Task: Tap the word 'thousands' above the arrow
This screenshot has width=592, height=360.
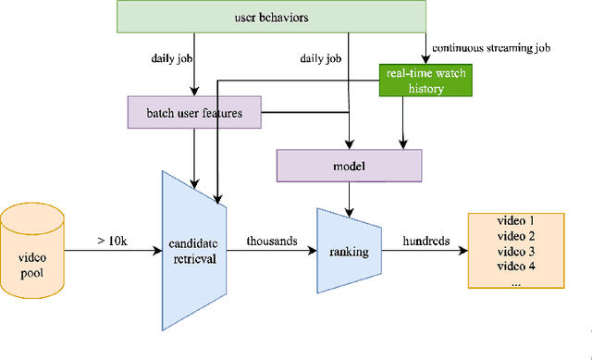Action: tap(272, 241)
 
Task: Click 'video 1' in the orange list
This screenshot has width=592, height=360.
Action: tap(516, 221)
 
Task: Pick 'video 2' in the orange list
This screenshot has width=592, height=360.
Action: tap(516, 236)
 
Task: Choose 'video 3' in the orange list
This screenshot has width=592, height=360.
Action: tap(516, 252)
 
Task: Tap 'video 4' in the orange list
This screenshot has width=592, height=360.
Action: tap(516, 267)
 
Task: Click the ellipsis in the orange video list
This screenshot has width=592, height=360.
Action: tap(516, 282)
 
